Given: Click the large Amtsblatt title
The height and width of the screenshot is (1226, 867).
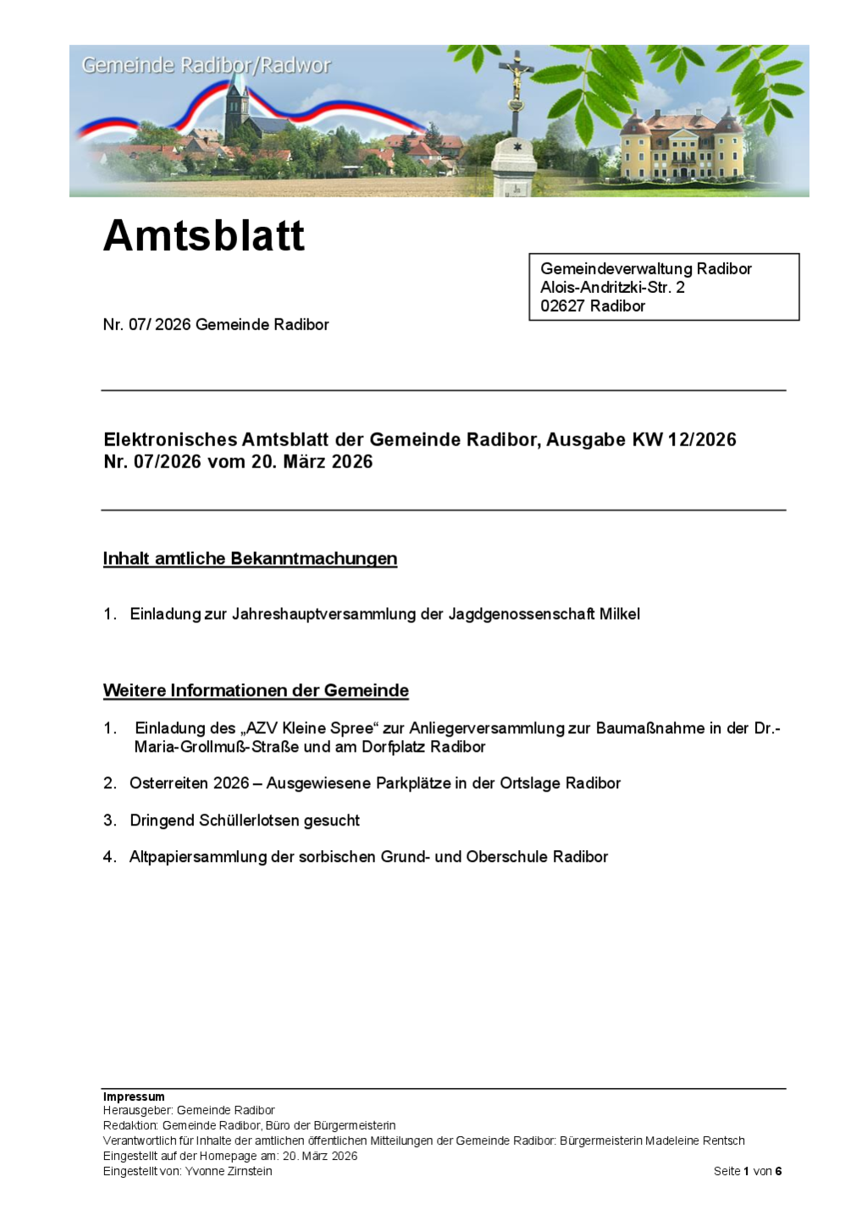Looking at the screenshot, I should [x=203, y=235].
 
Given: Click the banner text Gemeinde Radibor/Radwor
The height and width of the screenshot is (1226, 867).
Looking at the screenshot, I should [x=206, y=65].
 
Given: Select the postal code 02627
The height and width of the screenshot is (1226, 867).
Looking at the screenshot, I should [x=562, y=306].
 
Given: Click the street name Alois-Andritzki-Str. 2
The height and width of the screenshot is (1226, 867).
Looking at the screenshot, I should [x=612, y=287].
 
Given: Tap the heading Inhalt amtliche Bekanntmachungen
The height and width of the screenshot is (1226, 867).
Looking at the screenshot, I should [x=250, y=559].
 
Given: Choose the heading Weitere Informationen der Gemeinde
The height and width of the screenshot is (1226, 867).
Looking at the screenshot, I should [x=256, y=691].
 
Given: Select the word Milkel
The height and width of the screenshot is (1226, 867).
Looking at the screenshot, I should [x=620, y=614].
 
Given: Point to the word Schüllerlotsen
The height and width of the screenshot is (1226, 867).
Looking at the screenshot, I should [x=304, y=820].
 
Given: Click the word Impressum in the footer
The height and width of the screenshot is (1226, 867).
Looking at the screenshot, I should [x=134, y=1096].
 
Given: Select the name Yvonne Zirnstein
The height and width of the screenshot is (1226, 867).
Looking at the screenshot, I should [x=229, y=1171].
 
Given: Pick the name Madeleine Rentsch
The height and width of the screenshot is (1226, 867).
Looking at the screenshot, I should [x=695, y=1140].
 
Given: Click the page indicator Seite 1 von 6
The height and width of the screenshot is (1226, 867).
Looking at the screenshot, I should [x=748, y=1171].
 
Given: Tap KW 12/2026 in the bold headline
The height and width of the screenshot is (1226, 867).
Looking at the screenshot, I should [x=684, y=439].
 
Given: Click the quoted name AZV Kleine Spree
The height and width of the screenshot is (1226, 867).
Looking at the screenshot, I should [x=309, y=728].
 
